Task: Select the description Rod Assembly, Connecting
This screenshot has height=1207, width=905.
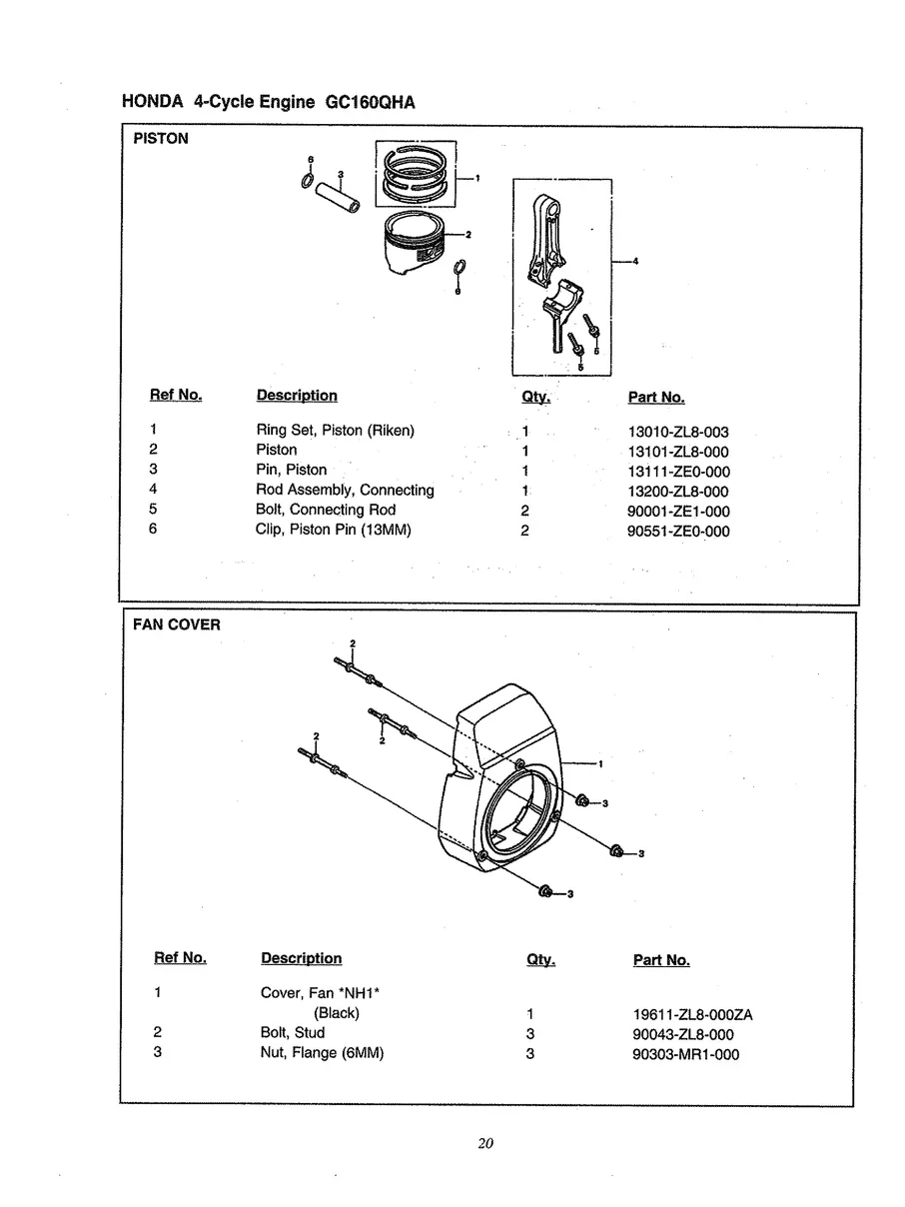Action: coord(345,491)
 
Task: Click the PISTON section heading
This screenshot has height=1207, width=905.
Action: coord(161,139)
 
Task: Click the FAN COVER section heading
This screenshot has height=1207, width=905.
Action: coord(177,625)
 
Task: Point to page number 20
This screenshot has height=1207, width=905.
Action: coord(485,1144)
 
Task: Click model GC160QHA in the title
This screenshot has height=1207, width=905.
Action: coord(370,103)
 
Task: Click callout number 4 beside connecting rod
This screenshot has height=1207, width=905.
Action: coord(636,262)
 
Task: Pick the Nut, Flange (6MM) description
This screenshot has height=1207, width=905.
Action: coord(322,1053)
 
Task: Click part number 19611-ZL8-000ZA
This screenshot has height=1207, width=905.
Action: coord(685,1015)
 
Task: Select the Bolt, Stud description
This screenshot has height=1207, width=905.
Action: coord(292,1033)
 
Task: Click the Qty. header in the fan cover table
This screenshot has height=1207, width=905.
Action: coord(540,960)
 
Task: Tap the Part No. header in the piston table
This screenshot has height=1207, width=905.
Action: coord(656,398)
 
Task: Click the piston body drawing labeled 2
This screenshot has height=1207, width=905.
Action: coord(412,247)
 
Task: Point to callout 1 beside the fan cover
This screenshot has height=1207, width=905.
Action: coord(599,764)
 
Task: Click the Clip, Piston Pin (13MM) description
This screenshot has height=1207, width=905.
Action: coord(333,530)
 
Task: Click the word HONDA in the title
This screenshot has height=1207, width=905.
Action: coord(153,103)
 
